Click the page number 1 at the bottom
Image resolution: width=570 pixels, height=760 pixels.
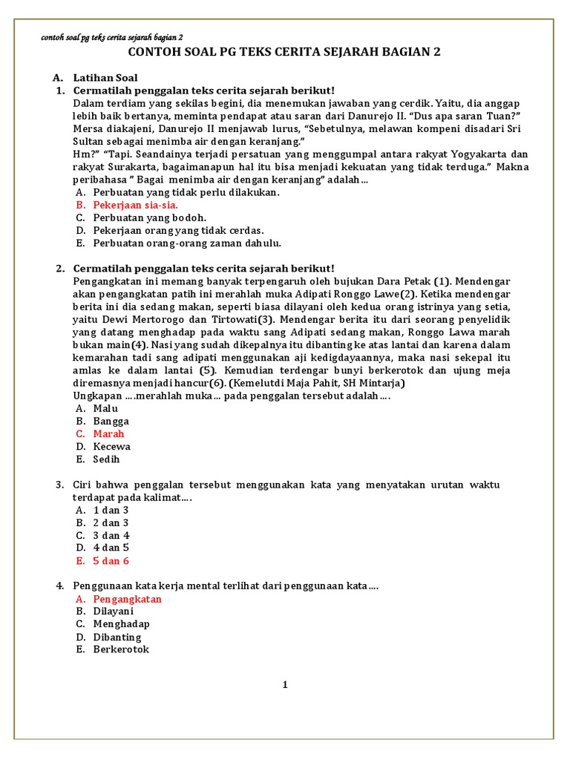pos(284,685)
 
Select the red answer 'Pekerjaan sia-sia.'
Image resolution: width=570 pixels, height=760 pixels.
pos(135,205)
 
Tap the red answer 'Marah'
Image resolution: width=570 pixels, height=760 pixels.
pos(108,433)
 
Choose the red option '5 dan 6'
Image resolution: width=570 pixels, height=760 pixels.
pos(111,560)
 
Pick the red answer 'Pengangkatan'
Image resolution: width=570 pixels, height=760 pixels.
pos(127,599)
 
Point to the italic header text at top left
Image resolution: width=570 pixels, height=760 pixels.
pos(111,37)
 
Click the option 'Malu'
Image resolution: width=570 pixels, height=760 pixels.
pos(106,408)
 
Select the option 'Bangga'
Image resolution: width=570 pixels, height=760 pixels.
pos(111,421)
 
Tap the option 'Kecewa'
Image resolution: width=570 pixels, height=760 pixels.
pos(111,446)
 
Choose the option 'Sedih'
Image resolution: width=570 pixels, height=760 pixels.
pos(106,459)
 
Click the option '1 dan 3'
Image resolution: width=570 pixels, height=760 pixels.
pos(111,510)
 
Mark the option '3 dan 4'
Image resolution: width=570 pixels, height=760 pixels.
pos(111,535)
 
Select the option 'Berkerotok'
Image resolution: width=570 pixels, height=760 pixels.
pos(121,649)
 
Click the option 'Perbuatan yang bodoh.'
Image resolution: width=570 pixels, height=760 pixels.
pos(149,217)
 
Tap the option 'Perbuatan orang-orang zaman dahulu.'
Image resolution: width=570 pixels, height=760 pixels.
pos(187,243)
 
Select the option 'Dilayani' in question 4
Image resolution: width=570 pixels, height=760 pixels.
pos(114,612)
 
